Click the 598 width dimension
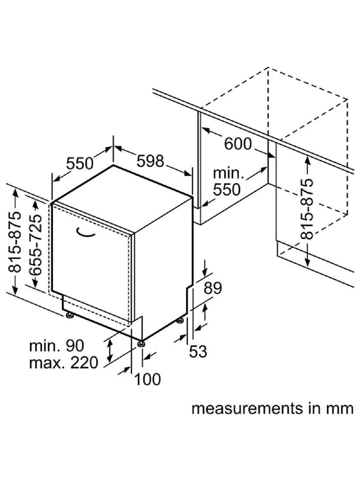pos(150,161)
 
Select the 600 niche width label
pos(238,144)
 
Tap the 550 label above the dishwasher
pos(80,163)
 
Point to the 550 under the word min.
pos(226,189)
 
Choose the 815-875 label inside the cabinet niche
pos(308,209)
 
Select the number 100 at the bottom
pos(147,379)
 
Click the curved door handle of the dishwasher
pos(86,234)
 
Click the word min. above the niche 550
pos(229,173)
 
